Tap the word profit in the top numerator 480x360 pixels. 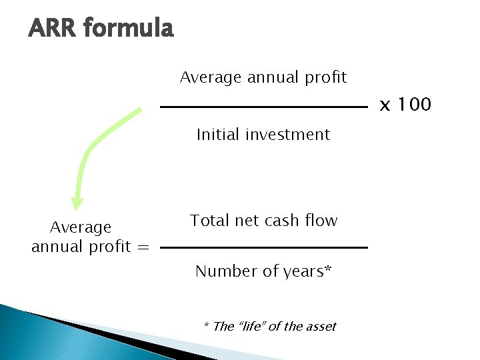click(325, 77)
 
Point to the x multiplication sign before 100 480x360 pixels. click(385, 105)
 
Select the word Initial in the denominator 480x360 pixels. click(218, 135)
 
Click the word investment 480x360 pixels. click(287, 135)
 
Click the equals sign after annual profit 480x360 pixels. click(143, 247)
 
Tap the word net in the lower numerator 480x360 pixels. click(247, 221)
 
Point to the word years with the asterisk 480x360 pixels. click(308, 272)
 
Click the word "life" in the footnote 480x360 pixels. click(254, 326)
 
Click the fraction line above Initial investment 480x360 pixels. click(263, 107)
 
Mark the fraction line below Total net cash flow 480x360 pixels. click(264, 247)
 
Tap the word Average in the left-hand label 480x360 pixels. click(81, 227)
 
